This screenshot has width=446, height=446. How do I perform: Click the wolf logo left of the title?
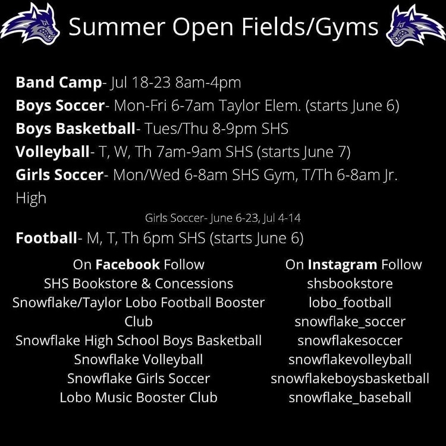(31, 24)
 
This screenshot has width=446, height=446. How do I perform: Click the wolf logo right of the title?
(416, 26)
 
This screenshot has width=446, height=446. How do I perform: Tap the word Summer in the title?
(117, 26)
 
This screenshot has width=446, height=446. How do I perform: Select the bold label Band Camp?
(59, 83)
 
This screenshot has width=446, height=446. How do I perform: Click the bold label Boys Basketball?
(76, 128)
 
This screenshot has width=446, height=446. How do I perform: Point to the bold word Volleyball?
(52, 152)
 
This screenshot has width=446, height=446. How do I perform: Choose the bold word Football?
(46, 238)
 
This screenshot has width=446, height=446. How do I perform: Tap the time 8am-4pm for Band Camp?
(208, 83)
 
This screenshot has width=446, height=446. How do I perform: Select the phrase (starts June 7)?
(303, 152)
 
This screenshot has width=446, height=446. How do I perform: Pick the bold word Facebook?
(127, 265)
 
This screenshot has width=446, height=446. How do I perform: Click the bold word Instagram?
(343, 265)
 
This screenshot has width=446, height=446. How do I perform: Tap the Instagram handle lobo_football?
(350, 303)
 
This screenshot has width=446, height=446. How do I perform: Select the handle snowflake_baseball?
(350, 398)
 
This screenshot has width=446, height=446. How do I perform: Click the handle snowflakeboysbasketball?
(350, 379)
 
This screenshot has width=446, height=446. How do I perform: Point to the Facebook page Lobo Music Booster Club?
(139, 397)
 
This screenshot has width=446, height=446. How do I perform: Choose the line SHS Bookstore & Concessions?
(139, 284)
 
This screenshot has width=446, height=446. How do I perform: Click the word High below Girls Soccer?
(31, 198)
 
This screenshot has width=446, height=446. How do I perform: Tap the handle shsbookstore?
(350, 284)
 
